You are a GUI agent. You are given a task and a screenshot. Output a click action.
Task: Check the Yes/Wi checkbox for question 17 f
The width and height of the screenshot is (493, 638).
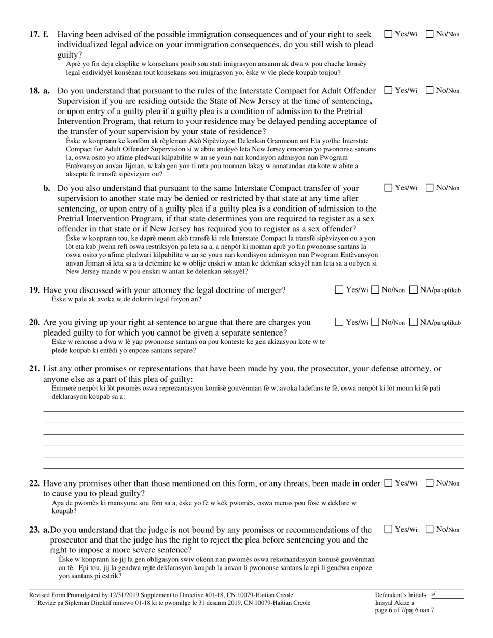coord(388,34)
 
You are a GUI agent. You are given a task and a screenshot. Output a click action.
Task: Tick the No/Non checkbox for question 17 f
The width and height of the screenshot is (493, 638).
coord(430,34)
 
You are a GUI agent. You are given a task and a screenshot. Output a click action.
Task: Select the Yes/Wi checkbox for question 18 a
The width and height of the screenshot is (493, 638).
coord(388,90)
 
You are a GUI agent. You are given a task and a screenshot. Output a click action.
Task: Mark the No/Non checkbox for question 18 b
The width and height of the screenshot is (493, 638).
coord(430,188)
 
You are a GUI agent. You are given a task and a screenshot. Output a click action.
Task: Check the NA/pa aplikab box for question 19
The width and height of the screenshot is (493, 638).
coord(414,290)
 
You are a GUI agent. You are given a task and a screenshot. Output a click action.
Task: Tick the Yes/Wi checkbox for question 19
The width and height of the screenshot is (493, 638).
coord(339,290)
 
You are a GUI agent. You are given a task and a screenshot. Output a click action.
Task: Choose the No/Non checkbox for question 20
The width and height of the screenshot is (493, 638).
coord(376,322)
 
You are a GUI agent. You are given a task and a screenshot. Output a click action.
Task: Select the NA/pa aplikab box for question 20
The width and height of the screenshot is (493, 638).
coord(414,322)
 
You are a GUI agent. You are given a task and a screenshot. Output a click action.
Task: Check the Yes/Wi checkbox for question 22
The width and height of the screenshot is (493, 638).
coord(388,483)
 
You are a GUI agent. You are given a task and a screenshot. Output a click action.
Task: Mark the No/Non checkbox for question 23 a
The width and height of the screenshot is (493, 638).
coord(430,529)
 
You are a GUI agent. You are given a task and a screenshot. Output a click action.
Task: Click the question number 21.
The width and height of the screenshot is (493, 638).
coord(35,369)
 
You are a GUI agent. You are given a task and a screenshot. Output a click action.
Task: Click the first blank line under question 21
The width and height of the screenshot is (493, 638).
coord(253,411)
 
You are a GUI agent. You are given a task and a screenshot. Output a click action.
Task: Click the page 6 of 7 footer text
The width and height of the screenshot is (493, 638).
coord(404,611)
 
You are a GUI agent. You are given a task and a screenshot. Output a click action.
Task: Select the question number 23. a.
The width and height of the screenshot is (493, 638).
coord(39,530)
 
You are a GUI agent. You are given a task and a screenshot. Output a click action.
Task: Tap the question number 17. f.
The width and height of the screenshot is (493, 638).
coord(39,35)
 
